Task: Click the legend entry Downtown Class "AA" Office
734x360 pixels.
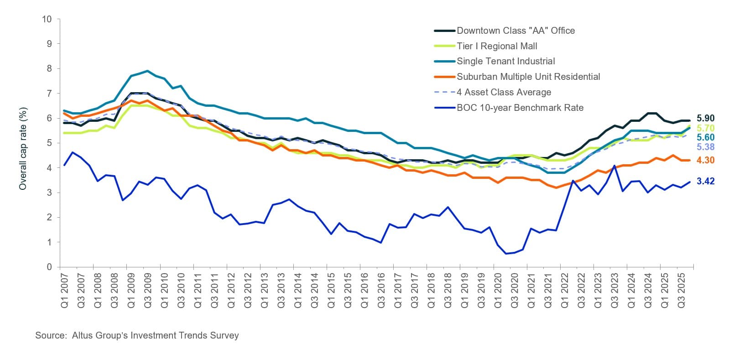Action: coord(515,31)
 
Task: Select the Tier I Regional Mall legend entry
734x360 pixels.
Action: coord(497,46)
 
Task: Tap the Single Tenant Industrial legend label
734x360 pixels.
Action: coord(505,61)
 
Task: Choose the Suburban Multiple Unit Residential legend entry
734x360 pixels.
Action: coord(528,77)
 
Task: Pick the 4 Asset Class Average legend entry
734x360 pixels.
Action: coord(504,92)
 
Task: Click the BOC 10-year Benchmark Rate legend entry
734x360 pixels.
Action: coord(520,108)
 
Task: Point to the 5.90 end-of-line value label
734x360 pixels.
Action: coord(705,118)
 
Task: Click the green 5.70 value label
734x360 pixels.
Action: coord(705,128)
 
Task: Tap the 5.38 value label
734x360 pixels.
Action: coord(705,147)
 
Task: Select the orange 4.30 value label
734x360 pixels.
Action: coord(705,160)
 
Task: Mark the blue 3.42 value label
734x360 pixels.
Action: coord(705,181)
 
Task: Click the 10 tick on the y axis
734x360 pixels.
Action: coord(47,19)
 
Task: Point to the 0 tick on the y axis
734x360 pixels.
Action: coord(49,267)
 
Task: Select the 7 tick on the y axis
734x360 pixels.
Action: coord(49,94)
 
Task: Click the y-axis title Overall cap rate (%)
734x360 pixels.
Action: coord(23,149)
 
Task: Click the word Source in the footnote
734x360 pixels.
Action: coord(51,335)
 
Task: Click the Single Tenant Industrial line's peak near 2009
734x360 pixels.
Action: coord(147,71)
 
